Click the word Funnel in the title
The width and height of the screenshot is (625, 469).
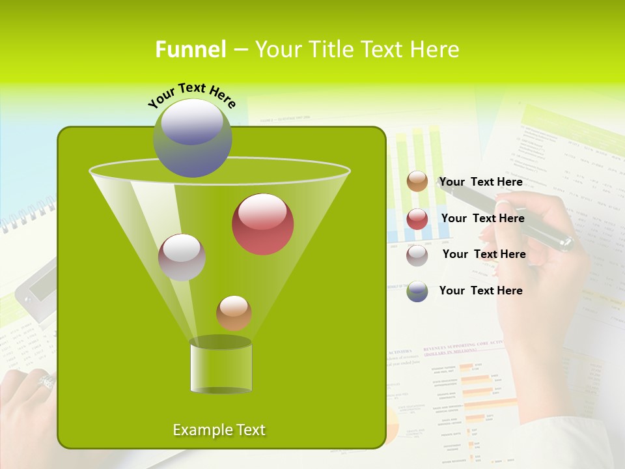point(190,50)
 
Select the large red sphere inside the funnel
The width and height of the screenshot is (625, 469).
point(262,224)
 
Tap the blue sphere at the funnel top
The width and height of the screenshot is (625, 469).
point(192,137)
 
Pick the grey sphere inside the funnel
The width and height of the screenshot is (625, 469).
point(182,257)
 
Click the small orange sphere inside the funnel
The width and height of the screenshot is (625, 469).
point(234,313)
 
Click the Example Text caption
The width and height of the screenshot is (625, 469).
point(219,430)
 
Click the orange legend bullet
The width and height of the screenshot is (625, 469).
point(417,182)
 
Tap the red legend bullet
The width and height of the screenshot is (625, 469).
point(417,219)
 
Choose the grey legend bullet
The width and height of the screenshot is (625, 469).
point(417,255)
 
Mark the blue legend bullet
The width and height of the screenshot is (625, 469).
point(417,291)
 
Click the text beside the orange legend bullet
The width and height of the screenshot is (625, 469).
point(480,182)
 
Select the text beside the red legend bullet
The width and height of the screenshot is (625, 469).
point(482,219)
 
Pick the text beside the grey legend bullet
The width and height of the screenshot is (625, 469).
point(484,255)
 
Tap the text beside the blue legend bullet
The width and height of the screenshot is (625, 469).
point(480,291)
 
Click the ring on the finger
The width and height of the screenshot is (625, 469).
point(46,380)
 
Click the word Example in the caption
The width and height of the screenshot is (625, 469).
point(200,430)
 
